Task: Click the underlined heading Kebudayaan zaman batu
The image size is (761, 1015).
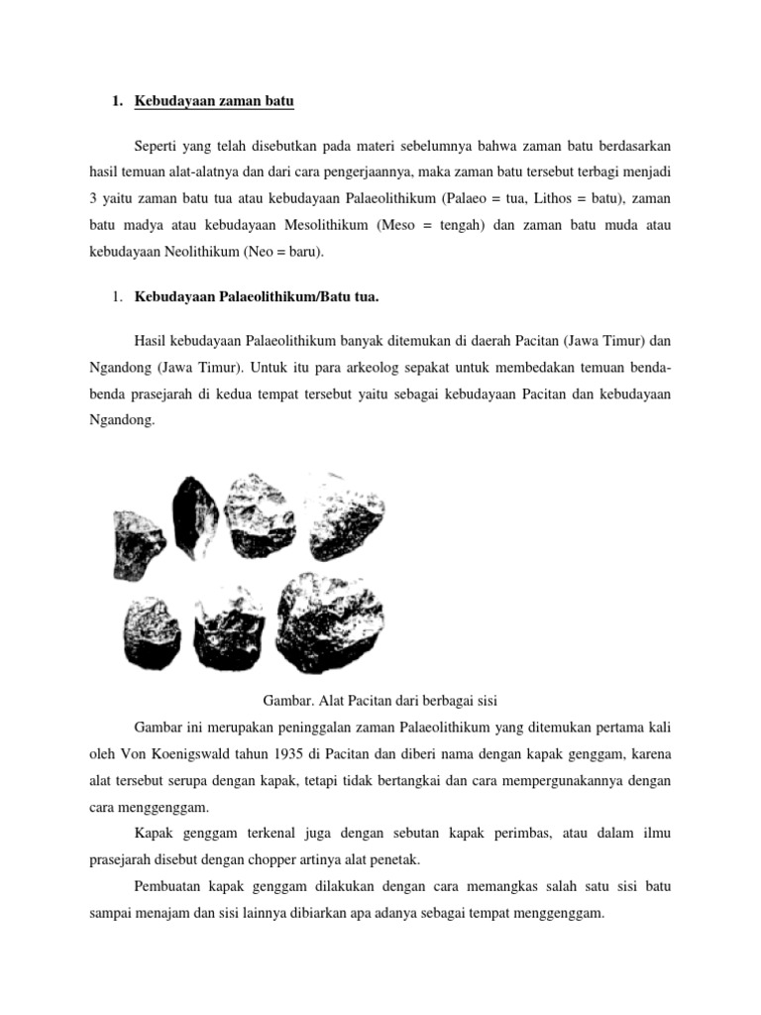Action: click(215, 102)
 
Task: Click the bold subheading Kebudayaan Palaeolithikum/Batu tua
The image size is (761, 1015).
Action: click(268, 296)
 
